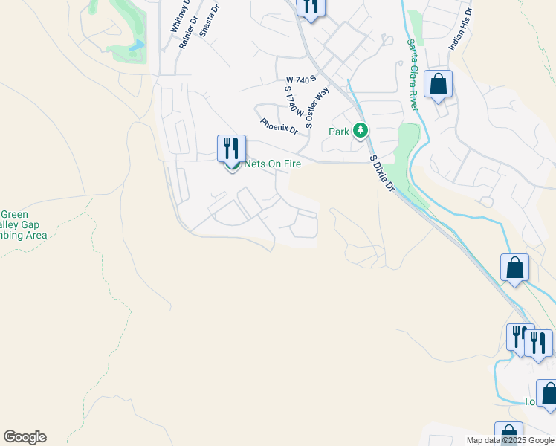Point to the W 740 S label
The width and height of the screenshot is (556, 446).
[301, 78]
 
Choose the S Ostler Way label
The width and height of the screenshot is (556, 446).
[317, 104]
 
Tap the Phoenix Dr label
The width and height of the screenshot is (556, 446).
[279, 126]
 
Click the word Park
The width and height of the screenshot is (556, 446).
[339, 132]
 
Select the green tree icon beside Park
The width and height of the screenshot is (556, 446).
[361, 132]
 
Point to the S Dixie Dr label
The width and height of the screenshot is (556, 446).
[381, 173]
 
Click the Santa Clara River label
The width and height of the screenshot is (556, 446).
[413, 74]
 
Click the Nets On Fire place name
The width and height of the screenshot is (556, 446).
[273, 164]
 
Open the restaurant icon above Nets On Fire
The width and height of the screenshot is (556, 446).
[231, 148]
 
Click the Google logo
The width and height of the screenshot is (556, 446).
[25, 437]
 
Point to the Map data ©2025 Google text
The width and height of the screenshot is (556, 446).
[509, 440]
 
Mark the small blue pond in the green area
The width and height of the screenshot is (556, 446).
[136, 46]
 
